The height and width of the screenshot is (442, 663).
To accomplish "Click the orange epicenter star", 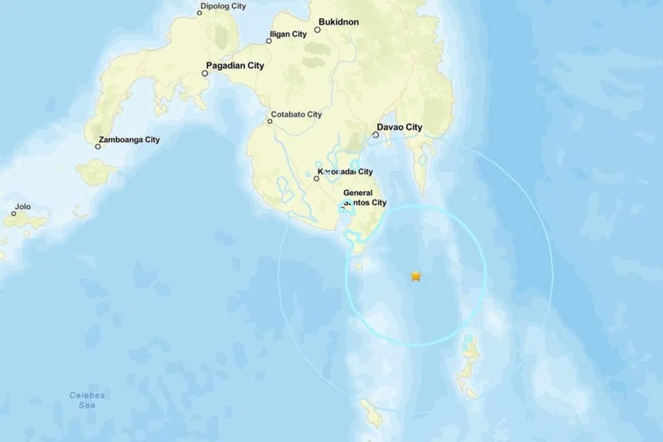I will point(416,276).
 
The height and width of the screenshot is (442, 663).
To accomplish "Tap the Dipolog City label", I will point(223,6).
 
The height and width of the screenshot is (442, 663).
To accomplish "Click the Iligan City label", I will point(290,34).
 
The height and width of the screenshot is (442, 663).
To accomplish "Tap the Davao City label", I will point(400,127).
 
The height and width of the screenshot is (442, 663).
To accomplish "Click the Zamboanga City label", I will point(129,140).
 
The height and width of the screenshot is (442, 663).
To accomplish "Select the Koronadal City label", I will point(345,172).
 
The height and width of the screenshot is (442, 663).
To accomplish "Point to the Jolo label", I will point(23,206).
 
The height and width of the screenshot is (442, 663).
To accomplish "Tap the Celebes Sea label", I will point(87,400).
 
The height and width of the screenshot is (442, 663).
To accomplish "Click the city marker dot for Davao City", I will point(376,135).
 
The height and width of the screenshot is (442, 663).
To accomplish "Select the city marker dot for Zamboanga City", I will point(98,147).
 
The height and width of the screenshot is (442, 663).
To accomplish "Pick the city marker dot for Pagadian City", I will point(205,73).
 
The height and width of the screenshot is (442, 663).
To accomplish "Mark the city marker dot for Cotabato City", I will point(270,122).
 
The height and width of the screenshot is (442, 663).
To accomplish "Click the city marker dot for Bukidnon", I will point(318,30).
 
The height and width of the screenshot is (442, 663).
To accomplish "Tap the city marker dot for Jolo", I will point(14,214).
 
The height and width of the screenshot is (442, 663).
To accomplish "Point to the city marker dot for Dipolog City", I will point(199,13).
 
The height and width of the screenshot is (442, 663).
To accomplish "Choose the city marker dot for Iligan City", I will point(269,41).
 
